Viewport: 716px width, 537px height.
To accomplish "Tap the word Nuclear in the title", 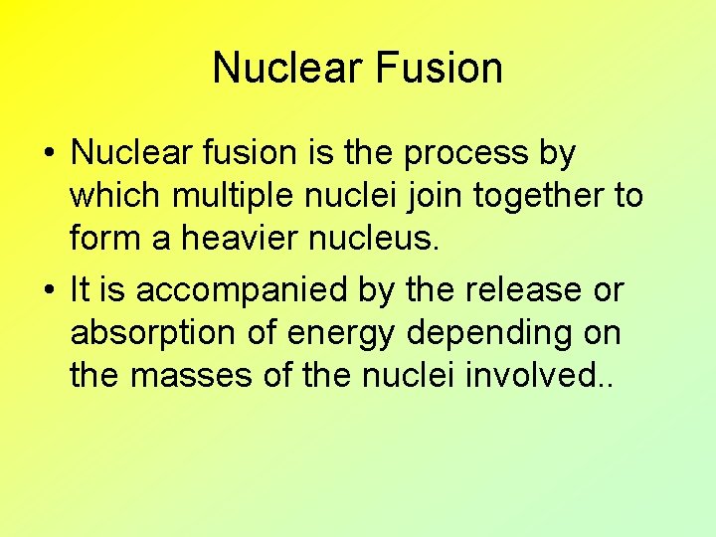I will point(287,69).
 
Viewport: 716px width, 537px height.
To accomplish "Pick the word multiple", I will point(231,197).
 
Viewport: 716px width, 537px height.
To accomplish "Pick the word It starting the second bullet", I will point(81,290).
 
